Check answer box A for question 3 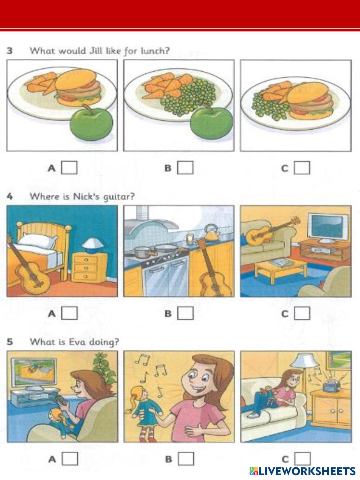click(69, 168)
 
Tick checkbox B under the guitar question click(185, 313)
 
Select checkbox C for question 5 click(302, 458)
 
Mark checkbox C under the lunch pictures click(302, 168)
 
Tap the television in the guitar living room click(326, 228)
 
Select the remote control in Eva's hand click(61, 399)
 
